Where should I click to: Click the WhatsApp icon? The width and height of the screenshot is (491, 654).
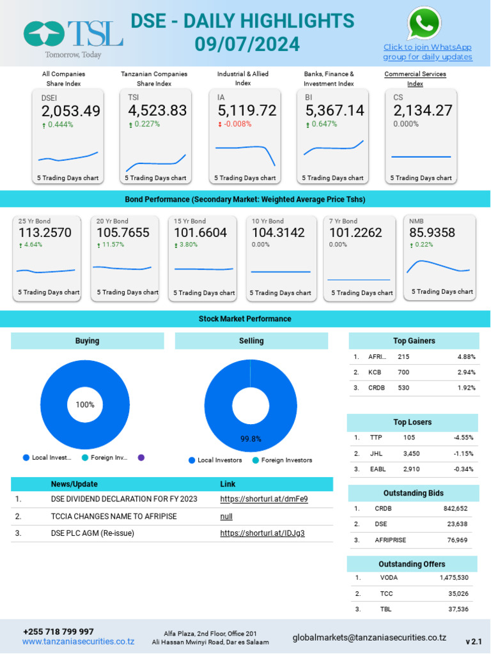pos(424,24)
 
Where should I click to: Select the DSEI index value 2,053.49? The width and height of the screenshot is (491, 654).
pos(71,111)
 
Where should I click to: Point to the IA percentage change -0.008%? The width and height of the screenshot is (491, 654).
pos(237,124)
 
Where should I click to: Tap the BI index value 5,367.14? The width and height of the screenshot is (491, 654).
pos(334,111)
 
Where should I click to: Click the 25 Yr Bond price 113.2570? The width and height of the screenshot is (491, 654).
pos(45,233)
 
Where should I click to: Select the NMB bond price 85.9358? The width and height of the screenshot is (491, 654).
pos(432,233)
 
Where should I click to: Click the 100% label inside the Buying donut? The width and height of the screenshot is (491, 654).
pos(85,404)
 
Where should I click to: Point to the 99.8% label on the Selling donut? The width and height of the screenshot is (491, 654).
pos(251,439)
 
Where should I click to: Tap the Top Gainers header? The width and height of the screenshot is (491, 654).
pos(414,341)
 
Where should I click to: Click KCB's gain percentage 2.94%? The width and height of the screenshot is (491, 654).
pos(466,372)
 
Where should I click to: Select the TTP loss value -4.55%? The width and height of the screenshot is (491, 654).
pos(464,438)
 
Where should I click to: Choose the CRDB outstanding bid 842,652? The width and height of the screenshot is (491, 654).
pos(455,509)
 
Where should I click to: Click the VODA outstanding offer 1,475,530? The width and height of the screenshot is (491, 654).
pos(454,577)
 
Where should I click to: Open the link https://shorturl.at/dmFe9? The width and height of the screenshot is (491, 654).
pos(263,499)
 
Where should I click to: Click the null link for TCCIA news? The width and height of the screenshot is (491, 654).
pos(226,516)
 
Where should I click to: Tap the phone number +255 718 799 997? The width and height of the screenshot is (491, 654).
pos(58,632)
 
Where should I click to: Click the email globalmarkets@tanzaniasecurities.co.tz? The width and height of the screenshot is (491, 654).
pos(369,637)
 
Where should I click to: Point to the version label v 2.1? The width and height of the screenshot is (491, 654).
pos(473,641)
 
